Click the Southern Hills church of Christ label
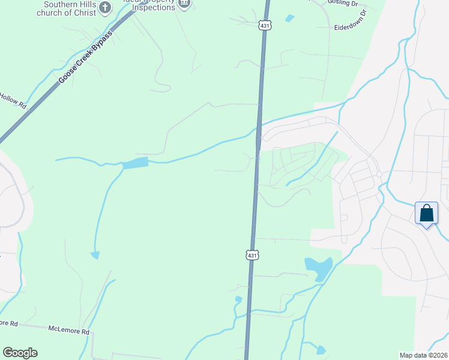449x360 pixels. pos(66,8)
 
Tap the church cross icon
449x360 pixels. pos(106,7)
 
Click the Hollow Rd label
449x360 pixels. pos(13,101)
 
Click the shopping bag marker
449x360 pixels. pos(426,214)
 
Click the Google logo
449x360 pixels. pos(20,353)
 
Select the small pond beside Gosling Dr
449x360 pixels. pos(290,19)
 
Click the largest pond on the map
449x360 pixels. pos(318,268)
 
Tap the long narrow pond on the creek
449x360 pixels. pos(136,163)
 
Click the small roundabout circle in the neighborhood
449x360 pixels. pos(379,175)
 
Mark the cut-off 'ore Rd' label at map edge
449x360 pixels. pos(8,323)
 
